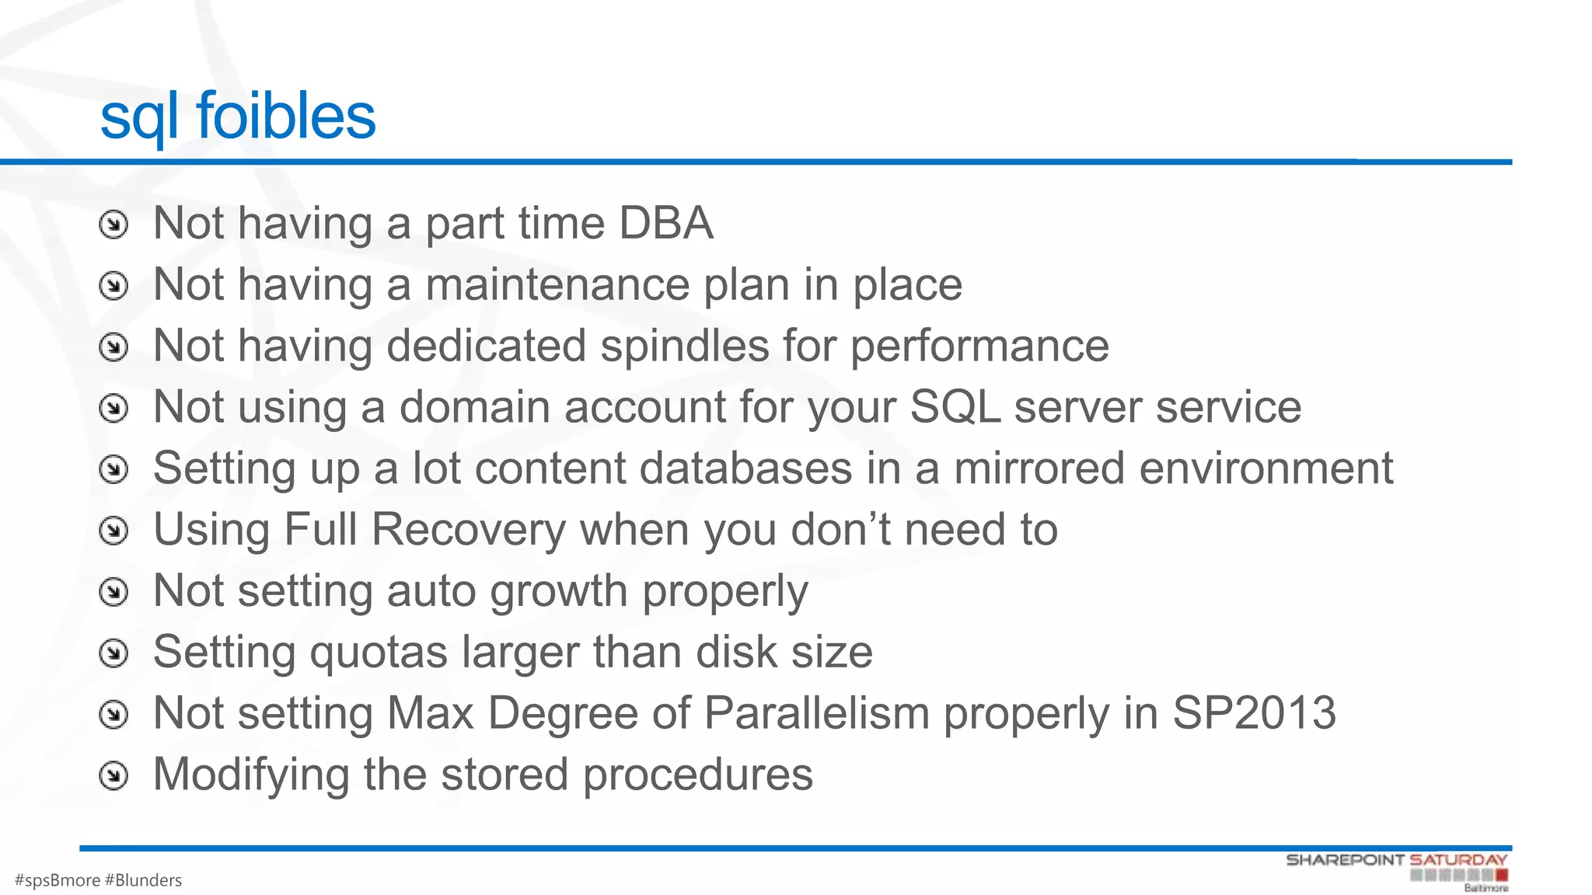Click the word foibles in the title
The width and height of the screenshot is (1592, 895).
pos(286,117)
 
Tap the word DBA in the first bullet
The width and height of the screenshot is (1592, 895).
pos(665,224)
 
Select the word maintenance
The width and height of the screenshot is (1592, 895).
pos(557,285)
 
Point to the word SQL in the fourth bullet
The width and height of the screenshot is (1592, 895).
pos(955,407)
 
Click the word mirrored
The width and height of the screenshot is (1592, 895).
pos(1039,468)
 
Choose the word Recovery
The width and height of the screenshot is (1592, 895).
pos(469,530)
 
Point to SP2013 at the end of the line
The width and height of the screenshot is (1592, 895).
pos(1254,713)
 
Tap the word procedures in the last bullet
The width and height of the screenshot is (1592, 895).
pos(697,775)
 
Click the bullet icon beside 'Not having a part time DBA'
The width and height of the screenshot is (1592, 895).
pos(113,225)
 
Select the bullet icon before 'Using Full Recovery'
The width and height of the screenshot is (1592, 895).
pos(113,531)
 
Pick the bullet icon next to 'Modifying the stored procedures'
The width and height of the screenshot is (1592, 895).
pos(113,776)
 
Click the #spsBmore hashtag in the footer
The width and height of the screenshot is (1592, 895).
pos(58,880)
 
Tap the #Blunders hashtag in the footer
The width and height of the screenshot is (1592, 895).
pos(143,880)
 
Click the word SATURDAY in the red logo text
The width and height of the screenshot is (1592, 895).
pos(1458,860)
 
